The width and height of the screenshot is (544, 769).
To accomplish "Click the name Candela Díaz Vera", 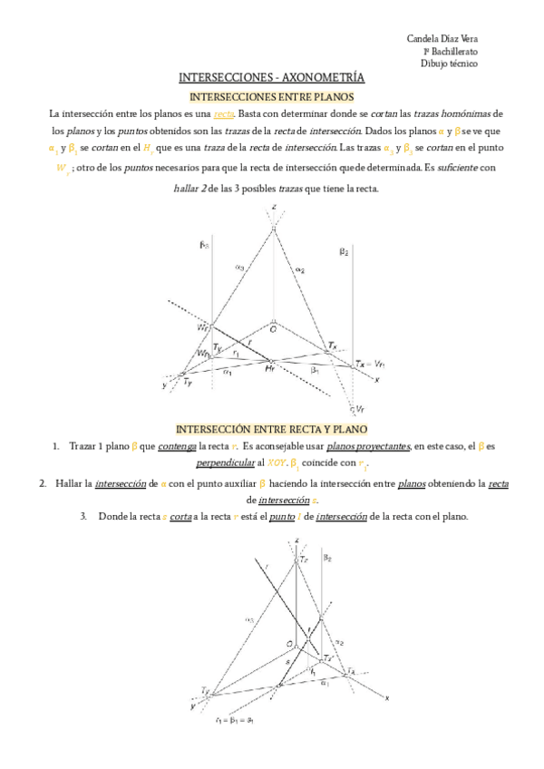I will (x=443, y=39).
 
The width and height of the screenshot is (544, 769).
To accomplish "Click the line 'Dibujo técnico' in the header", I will (x=450, y=63).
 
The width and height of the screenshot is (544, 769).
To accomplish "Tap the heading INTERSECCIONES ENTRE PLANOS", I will (x=271, y=95).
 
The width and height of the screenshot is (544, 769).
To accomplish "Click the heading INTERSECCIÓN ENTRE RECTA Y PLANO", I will (x=270, y=428).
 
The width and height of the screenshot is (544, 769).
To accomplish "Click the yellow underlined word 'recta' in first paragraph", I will (x=224, y=113).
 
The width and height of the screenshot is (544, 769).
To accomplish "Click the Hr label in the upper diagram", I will (x=269, y=369).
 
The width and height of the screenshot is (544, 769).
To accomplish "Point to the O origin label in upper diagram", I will (x=273, y=329).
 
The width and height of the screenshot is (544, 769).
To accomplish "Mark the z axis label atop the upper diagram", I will (x=273, y=208).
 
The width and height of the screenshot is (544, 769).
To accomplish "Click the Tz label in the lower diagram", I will (x=303, y=561).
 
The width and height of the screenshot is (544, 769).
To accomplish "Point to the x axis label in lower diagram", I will (x=387, y=697).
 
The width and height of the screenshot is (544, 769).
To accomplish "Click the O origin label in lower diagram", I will (x=290, y=642).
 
